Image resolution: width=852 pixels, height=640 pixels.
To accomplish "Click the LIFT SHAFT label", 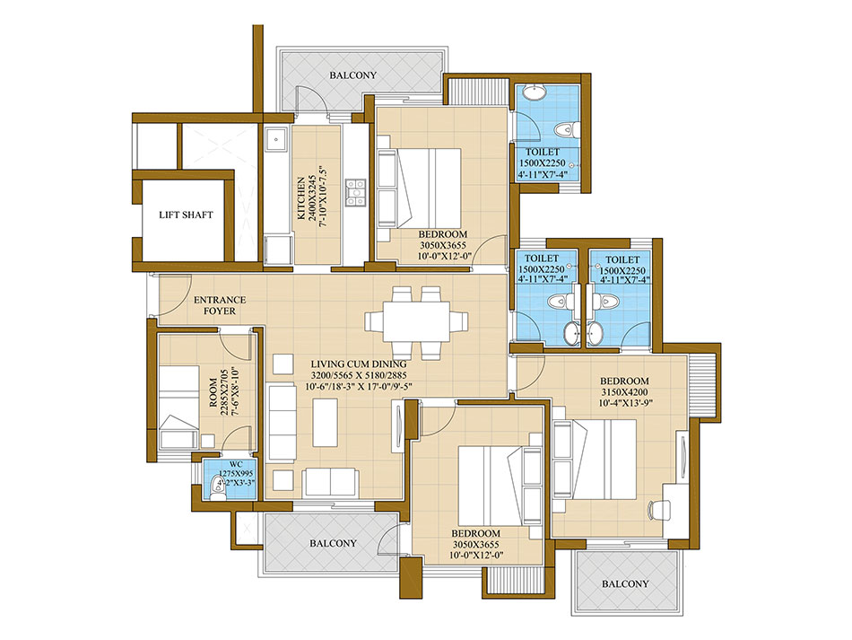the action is click(186, 215).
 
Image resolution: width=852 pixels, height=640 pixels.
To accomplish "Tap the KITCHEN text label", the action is click(300, 198).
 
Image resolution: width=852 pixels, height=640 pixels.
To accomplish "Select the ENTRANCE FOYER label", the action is click(220, 305).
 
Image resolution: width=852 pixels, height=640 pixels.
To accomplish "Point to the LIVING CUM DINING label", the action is click(359, 364).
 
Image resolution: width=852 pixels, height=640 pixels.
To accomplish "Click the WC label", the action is click(237, 464).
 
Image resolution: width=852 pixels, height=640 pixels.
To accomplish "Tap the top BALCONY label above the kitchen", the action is click(352, 75).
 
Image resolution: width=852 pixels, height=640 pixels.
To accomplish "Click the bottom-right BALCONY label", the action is click(625, 583).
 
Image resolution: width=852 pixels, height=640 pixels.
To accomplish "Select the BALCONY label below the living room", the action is click(333, 543).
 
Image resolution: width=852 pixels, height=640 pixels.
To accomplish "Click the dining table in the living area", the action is click(416, 322).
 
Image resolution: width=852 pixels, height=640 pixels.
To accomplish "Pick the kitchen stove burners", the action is click(356, 193).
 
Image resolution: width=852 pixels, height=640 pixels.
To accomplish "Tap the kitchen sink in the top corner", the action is click(277, 140).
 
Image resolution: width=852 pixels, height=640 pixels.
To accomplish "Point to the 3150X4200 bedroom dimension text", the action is click(624, 392).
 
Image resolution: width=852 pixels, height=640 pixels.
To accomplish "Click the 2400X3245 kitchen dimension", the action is click(311, 198).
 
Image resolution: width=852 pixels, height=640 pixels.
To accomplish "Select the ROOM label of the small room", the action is click(213, 392).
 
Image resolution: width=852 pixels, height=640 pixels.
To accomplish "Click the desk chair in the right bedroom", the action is click(659, 510).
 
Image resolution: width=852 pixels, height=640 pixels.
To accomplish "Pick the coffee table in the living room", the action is click(325, 423).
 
